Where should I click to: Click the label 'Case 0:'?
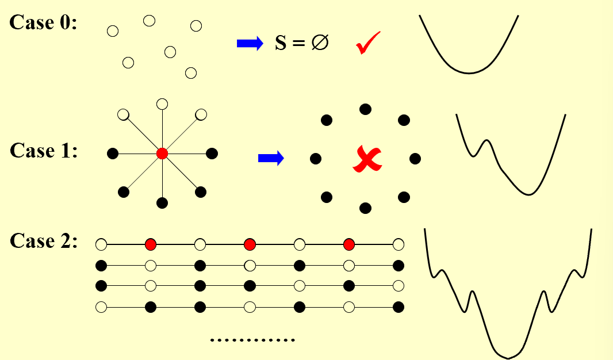pos(43,22)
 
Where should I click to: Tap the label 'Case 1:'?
pos(43,151)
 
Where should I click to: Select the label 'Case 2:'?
pos(43,241)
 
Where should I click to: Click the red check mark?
pos(368,43)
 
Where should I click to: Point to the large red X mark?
pos(367,159)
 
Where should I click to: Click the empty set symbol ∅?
pos(320,42)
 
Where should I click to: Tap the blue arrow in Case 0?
pos(250,43)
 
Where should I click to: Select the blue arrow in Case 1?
pos(271,158)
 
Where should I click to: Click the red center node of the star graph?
pos(162,154)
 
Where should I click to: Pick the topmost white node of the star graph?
pos(162,104)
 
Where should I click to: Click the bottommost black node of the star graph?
pos(162,203)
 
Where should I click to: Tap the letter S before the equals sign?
pos(281,43)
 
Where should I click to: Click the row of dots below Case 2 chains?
pos(252,340)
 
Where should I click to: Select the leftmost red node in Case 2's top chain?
pos(151,244)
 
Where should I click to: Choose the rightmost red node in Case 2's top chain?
pos(348,244)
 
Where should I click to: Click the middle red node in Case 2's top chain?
pos(250,244)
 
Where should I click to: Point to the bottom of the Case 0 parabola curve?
pos(469,73)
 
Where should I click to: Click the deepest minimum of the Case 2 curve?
pos(508,358)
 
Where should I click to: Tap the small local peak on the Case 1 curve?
pos(486,140)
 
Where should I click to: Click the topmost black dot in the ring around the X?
pos(365,109)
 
